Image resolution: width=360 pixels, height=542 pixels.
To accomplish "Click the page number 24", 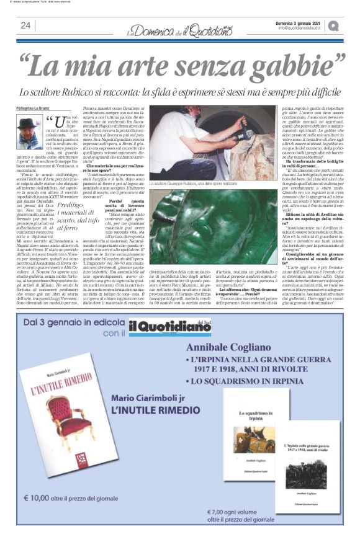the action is [x=25, y=25].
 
